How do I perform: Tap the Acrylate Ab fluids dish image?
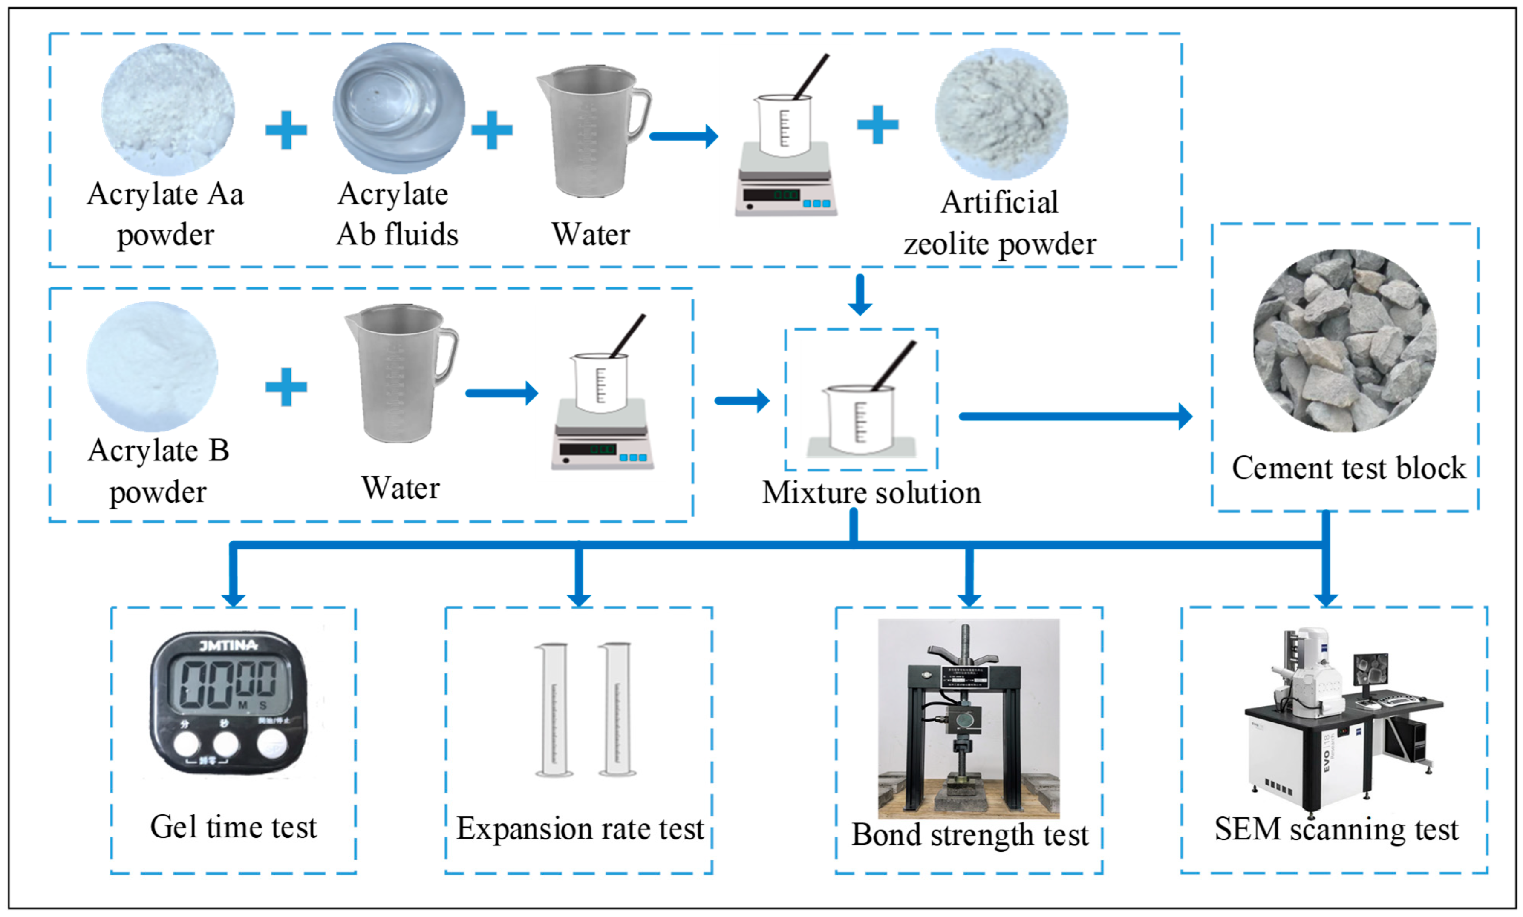tap(399, 108)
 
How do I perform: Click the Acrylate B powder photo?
tap(152, 366)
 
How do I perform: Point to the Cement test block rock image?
tap(1344, 340)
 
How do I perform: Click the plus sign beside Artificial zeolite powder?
tap(877, 124)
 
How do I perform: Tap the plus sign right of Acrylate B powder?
tap(286, 388)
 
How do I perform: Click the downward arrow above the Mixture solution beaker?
tap(860, 295)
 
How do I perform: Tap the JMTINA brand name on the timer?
tap(228, 646)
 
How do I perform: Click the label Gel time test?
tap(233, 828)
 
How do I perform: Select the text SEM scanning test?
tap(1336, 829)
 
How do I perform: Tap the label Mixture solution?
tap(871, 493)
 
